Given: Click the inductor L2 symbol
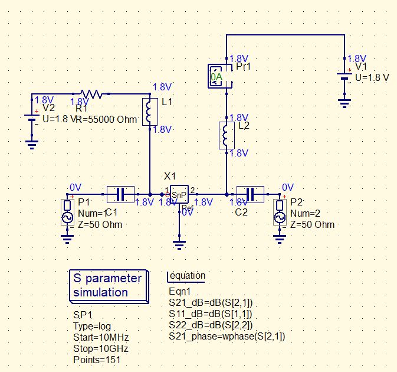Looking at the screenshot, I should point(227,135).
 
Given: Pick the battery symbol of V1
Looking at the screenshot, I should point(345,78).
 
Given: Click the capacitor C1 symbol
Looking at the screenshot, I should point(120,193).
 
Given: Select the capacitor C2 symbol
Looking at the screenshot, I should point(250,193).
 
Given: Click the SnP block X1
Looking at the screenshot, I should point(179,194).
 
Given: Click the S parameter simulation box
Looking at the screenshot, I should point(107,285).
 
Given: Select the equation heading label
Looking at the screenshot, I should point(186,276).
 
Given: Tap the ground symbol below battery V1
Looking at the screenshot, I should point(345,103).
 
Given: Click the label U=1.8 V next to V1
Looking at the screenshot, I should point(372,78).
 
